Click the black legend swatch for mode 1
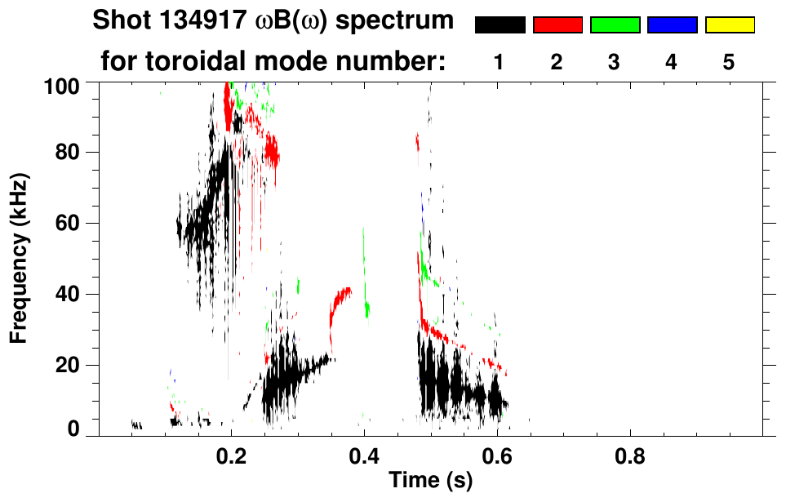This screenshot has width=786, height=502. [500, 25]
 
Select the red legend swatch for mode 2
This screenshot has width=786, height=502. [557, 25]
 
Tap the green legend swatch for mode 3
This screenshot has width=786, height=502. [615, 25]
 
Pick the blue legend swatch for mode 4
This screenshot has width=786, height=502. [672, 25]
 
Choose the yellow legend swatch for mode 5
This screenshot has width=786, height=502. [729, 25]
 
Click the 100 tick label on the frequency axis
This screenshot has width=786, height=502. [62, 84]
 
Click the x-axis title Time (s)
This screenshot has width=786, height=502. [429, 481]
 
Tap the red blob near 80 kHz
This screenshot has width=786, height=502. [270, 150]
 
